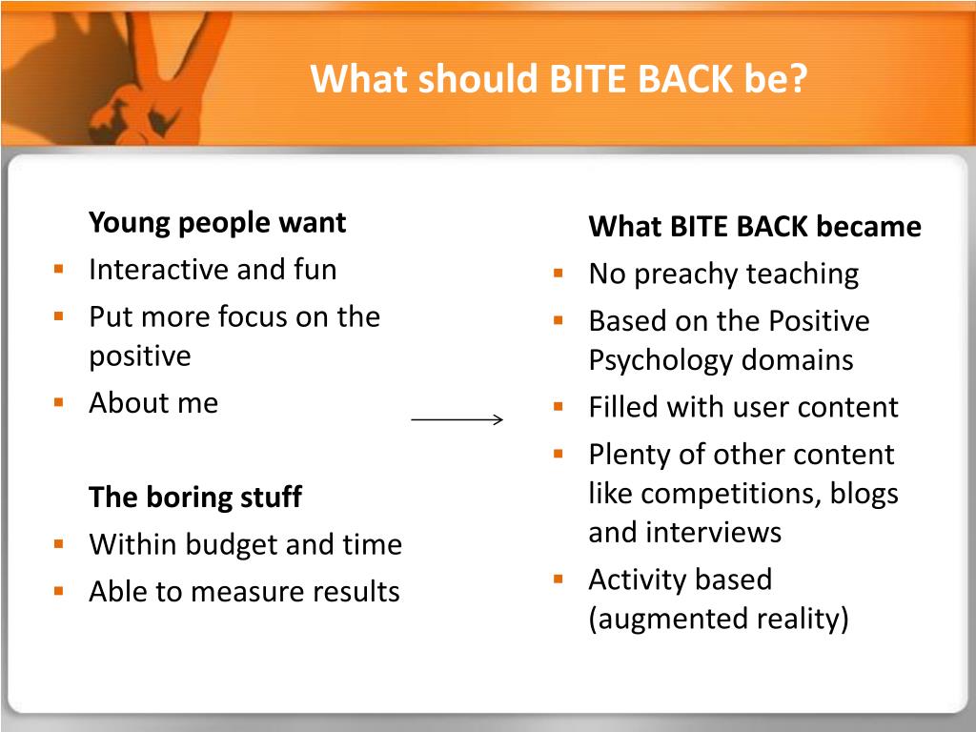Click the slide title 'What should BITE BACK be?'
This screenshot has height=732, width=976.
click(x=559, y=78)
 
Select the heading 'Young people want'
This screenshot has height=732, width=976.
click(x=217, y=223)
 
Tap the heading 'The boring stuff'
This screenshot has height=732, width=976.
click(x=195, y=497)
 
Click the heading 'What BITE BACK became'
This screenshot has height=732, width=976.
click(x=755, y=227)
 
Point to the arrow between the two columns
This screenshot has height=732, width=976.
click(x=457, y=419)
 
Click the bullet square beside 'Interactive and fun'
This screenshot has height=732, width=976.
click(x=59, y=269)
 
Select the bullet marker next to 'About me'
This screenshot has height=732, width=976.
click(x=59, y=402)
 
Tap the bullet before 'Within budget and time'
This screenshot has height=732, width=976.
click(x=59, y=544)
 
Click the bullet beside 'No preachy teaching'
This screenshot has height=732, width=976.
click(x=559, y=274)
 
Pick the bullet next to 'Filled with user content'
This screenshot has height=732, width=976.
click(x=559, y=407)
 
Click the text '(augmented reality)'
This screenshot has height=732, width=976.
click(x=719, y=619)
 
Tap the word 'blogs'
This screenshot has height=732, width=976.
click(x=864, y=494)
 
